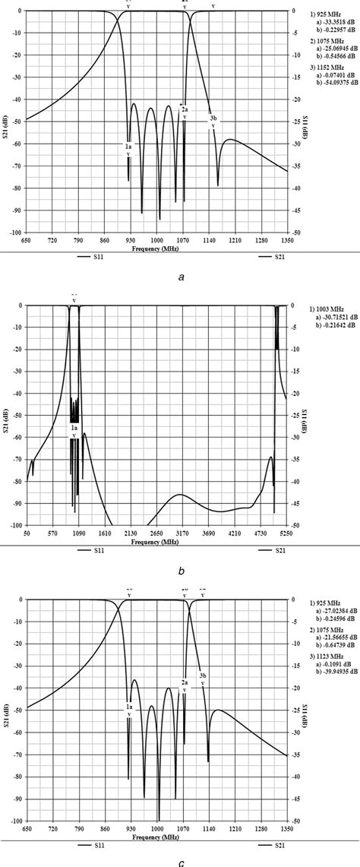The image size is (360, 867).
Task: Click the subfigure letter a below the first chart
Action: click(x=181, y=277)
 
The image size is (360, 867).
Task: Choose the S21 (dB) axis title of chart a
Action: click(x=7, y=122)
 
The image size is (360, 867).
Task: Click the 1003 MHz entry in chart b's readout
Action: click(x=324, y=309)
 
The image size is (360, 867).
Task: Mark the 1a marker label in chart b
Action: click(x=74, y=429)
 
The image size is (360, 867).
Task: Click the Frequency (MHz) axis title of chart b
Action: click(x=158, y=541)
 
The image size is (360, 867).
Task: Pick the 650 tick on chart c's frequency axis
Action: click(x=27, y=827)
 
